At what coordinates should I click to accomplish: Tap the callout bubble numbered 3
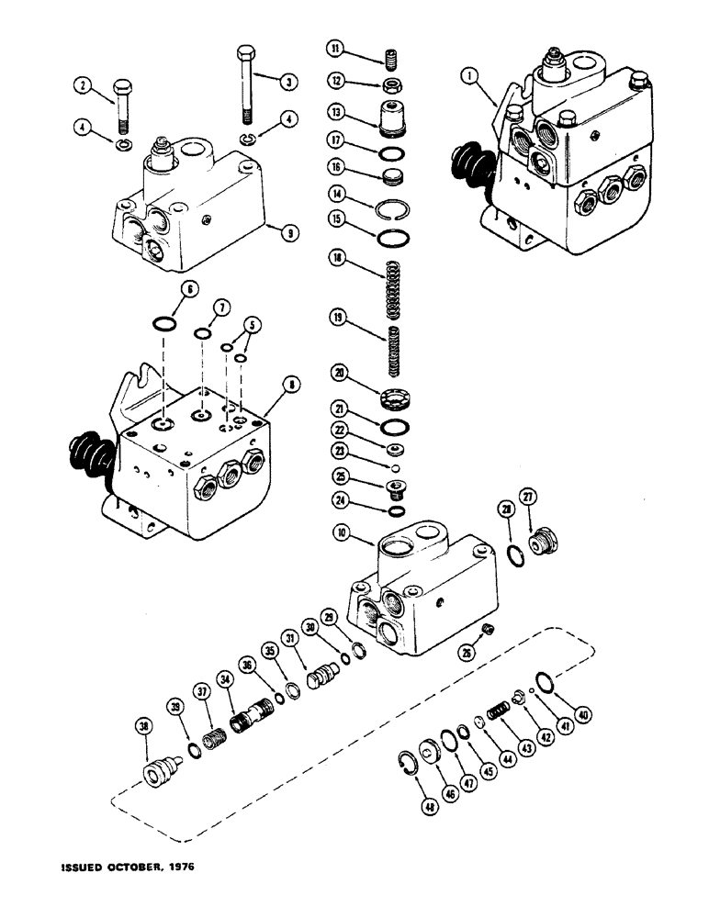287,82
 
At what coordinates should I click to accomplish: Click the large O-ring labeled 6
163,324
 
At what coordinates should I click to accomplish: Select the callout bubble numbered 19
339,317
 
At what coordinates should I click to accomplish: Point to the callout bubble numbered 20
339,374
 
